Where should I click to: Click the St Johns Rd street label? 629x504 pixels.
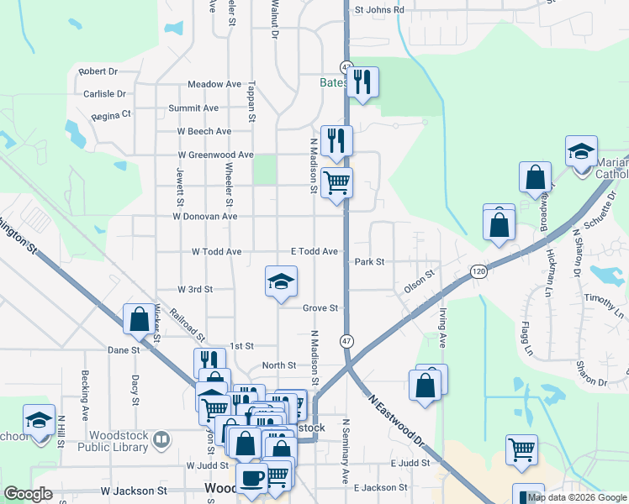tap(379, 10)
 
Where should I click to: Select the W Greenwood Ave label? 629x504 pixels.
tap(215, 155)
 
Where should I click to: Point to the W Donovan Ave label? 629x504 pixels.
tap(205, 217)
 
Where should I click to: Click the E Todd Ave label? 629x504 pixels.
tap(314, 252)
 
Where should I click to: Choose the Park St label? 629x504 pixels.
tap(369, 262)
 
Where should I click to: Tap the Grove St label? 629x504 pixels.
tap(320, 308)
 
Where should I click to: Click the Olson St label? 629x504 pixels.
tap(418, 281)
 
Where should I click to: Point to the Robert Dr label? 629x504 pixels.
tap(98, 73)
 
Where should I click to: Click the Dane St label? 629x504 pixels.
tap(123, 349)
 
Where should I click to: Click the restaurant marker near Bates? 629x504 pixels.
tap(362, 82)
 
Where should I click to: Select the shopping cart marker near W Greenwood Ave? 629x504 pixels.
tap(336, 182)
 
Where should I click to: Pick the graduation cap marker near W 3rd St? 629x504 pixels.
tap(282, 281)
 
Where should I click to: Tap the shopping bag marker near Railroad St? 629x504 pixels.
tap(139, 319)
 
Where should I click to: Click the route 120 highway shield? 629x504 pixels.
tap(478, 272)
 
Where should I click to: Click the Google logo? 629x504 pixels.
tap(29, 495)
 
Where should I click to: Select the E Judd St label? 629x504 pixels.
tap(410, 464)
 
